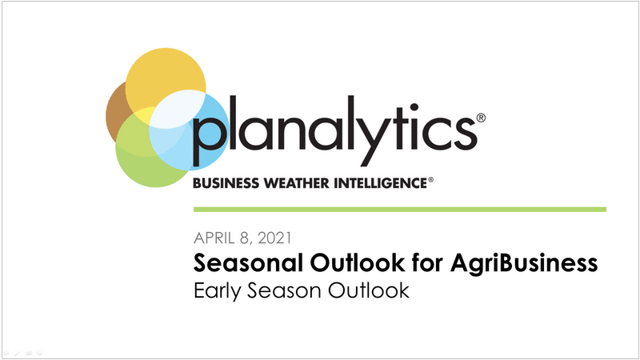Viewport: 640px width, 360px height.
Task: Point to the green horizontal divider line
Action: point(400,210)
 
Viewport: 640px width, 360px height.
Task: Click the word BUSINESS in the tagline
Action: point(226,183)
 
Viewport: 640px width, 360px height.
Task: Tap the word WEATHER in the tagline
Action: point(297,183)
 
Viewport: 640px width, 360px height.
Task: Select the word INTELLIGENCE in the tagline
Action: point(381,183)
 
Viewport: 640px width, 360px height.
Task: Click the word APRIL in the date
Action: point(214,238)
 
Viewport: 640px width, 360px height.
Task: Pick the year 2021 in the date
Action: point(274,238)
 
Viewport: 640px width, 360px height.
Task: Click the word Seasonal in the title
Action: point(248,262)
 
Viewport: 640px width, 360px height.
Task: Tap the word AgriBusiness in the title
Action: point(524,263)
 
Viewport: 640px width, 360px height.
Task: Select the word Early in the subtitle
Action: point(217,291)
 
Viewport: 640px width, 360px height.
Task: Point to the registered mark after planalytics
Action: point(482,118)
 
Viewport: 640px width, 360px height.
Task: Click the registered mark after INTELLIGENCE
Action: point(430,179)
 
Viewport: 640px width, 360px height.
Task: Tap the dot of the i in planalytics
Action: point(414,108)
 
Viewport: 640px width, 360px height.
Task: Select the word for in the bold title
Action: point(427,262)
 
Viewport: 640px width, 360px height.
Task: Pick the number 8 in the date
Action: point(244,238)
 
